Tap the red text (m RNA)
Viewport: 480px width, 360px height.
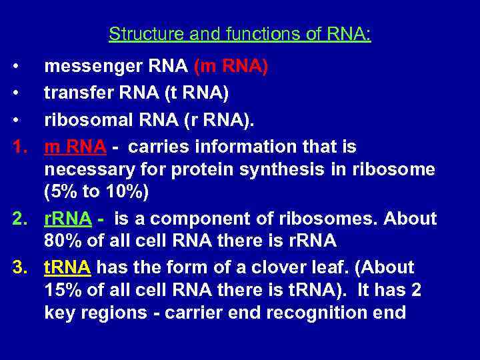click(x=231, y=67)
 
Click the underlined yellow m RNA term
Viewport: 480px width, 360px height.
click(x=69, y=146)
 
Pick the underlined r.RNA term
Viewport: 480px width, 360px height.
click(x=67, y=219)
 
